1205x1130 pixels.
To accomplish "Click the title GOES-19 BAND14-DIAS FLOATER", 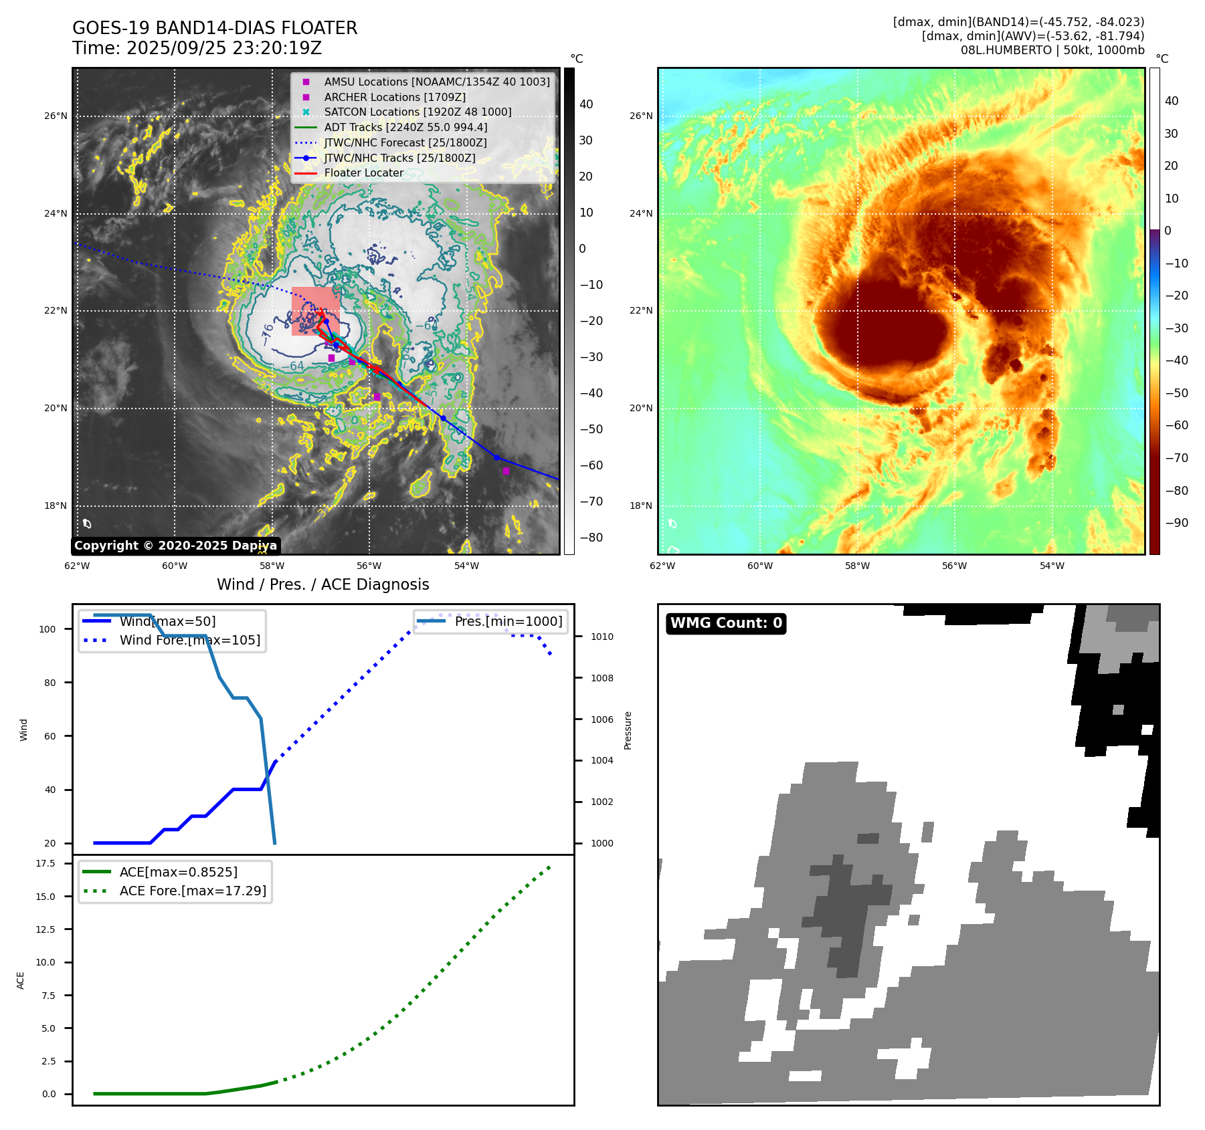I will tap(215, 28).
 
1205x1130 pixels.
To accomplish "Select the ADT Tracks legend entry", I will tap(405, 127).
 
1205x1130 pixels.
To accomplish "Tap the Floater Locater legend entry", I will tap(363, 173).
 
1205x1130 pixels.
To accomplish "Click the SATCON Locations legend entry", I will tap(418, 112).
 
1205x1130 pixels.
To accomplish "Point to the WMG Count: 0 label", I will tap(726, 623).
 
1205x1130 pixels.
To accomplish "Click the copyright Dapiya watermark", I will tap(175, 546).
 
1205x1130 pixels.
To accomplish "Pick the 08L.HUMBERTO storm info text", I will tap(1052, 50).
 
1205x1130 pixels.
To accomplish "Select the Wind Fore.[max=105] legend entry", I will tap(189, 640).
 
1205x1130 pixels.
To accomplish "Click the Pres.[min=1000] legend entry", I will tap(508, 621).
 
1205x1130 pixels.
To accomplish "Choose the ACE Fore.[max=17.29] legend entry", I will tap(193, 891).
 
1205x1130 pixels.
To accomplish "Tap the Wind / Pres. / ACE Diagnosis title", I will tap(322, 584).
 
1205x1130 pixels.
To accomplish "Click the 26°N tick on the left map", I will tap(56, 116).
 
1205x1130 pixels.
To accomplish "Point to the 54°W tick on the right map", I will tap(1052, 566).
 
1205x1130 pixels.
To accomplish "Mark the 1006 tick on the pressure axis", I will tap(601, 719).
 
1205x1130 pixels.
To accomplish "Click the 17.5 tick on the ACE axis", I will tap(45, 863).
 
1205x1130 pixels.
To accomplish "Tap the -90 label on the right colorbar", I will tap(1176, 523).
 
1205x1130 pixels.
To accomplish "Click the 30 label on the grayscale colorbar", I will tap(585, 140).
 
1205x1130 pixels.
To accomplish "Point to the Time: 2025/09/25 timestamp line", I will tap(197, 48).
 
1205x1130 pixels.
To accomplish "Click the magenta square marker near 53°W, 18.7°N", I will tap(506, 471).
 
